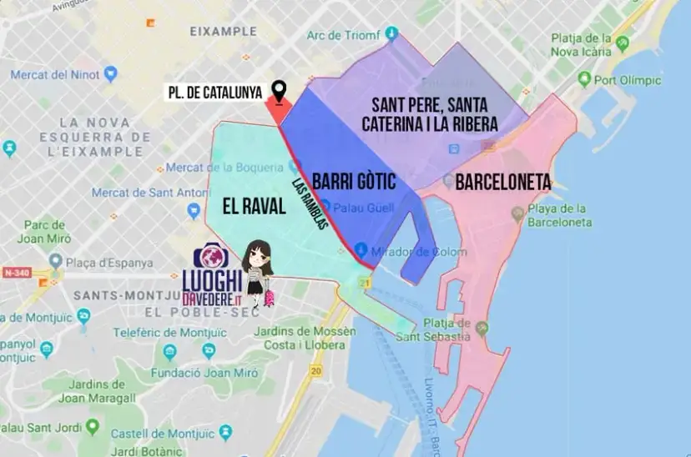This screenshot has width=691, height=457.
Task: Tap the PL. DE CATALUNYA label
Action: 213,92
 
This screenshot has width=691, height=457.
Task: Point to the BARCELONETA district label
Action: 502,182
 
